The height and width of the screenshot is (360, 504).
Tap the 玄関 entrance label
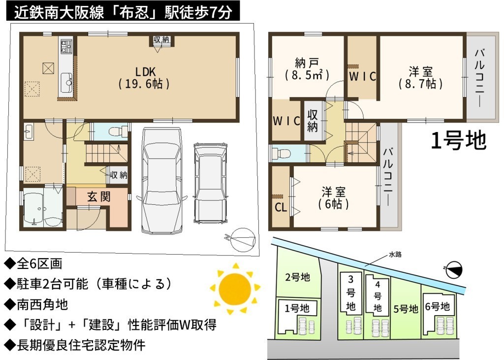tap(98, 196)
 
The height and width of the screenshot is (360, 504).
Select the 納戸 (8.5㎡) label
tap(307, 69)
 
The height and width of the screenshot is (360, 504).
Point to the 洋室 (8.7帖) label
tap(420, 77)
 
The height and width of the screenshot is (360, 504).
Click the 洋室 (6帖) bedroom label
tap(333, 197)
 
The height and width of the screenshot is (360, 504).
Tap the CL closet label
tap(281, 208)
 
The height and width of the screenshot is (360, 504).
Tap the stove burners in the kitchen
tap(67, 46)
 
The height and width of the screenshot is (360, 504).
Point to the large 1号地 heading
tap(458, 140)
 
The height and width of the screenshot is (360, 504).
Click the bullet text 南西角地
tap(42, 304)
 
